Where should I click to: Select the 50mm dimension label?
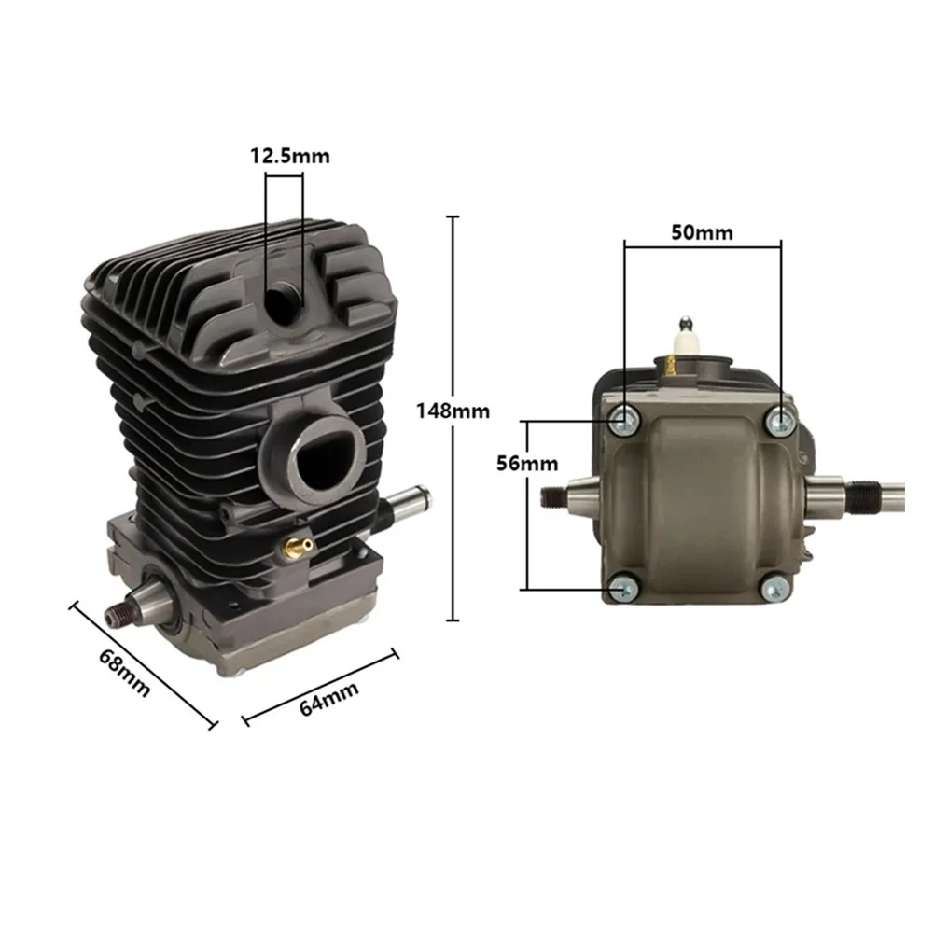click(x=703, y=232)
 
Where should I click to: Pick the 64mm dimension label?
click(x=328, y=698)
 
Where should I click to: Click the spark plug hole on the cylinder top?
click(x=284, y=300)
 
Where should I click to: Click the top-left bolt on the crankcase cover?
click(x=624, y=421)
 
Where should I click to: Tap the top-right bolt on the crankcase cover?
click(x=779, y=423)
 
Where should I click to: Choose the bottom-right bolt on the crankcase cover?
click(x=776, y=588)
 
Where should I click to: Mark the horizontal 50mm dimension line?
click(x=703, y=247)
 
